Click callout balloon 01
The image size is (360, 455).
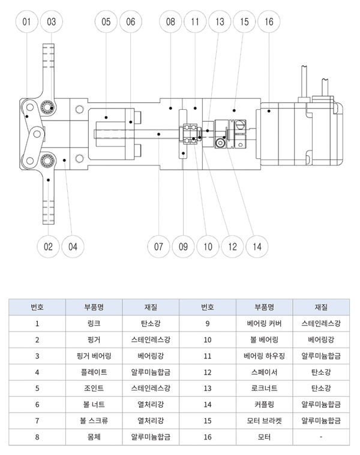26,22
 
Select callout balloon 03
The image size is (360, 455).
51,22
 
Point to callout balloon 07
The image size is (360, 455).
158,246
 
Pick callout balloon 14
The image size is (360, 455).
257,246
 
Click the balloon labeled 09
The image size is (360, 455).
184,246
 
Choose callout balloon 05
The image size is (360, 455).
106,22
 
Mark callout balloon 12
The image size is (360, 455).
232,246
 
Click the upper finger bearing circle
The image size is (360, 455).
47,108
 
